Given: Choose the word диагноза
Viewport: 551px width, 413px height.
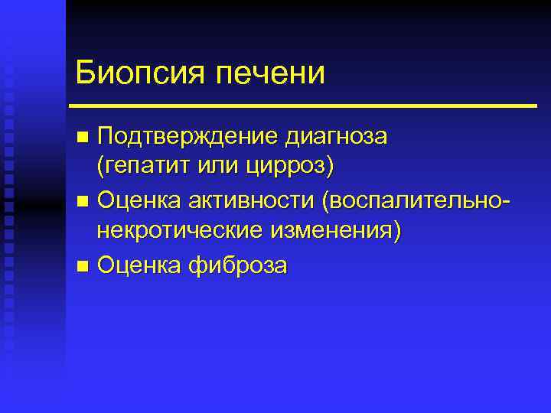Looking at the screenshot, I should point(337,137).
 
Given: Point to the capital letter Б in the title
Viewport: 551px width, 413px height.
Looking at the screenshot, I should point(85,73).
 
